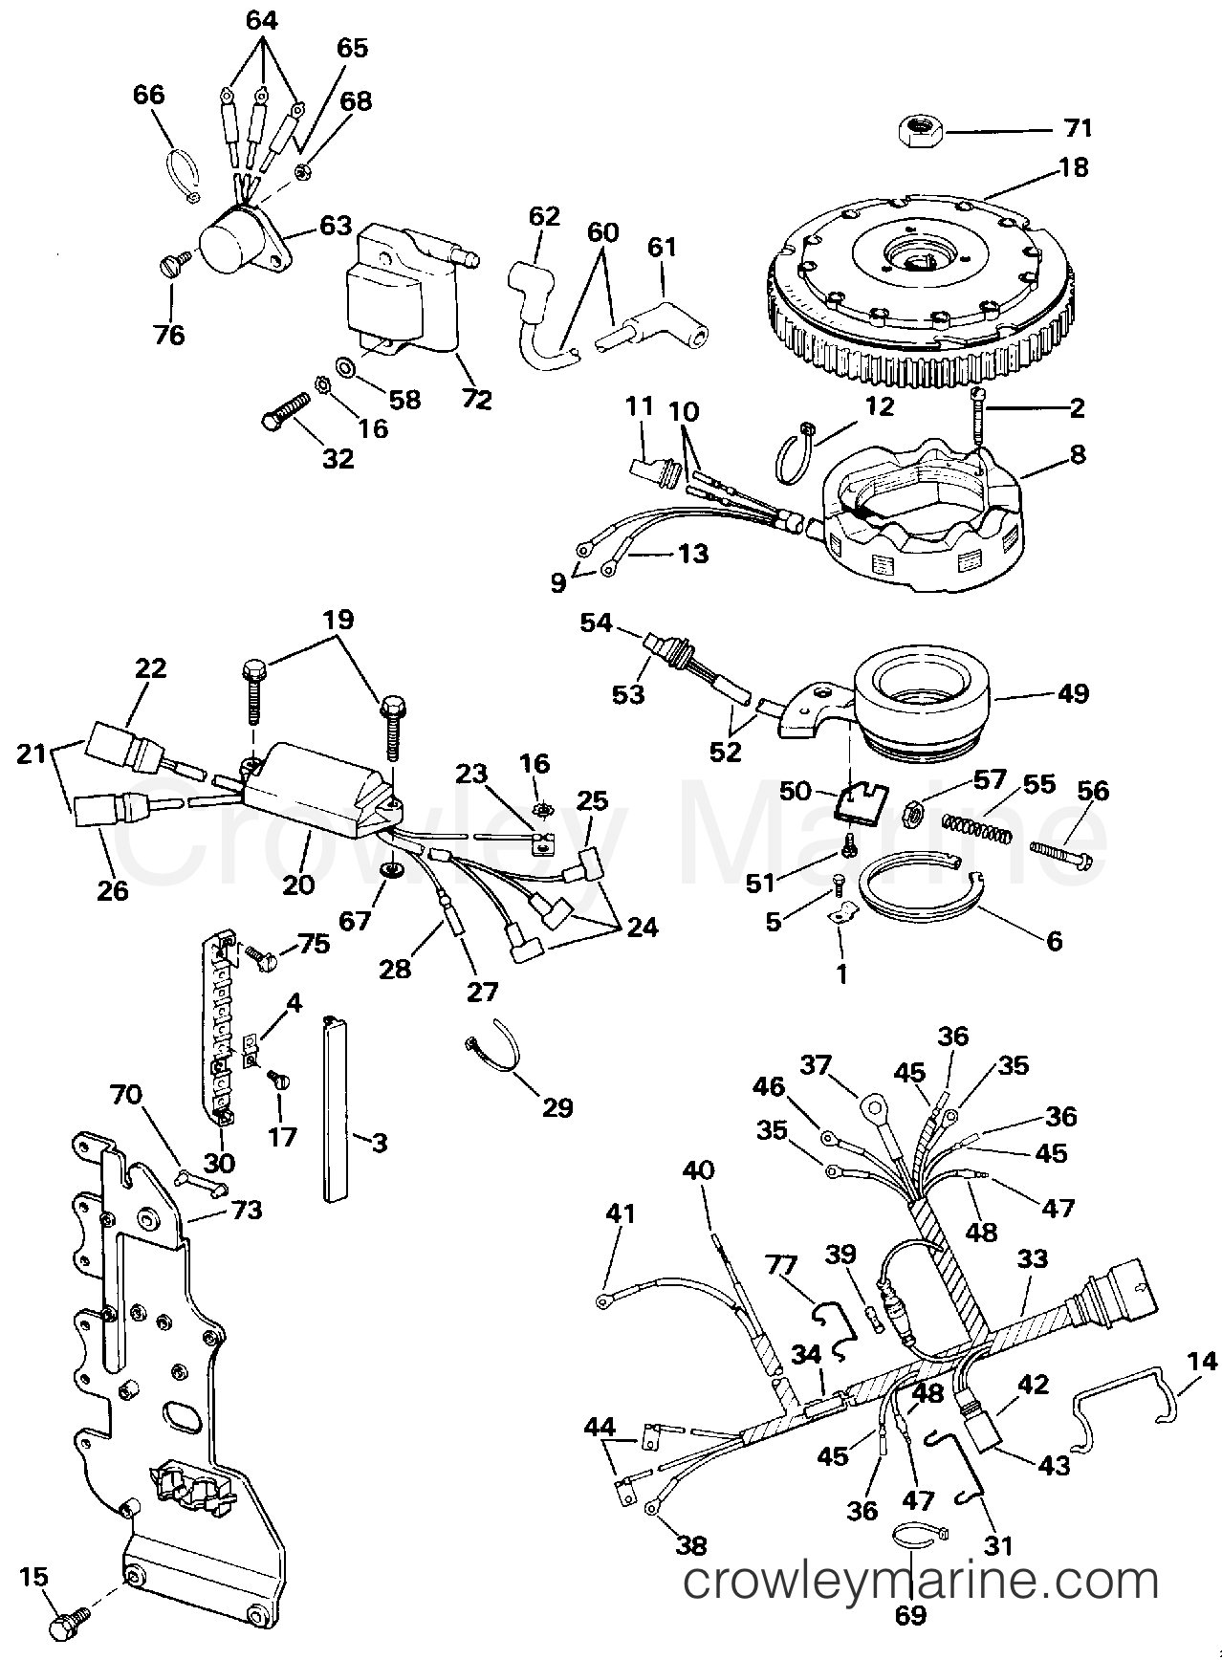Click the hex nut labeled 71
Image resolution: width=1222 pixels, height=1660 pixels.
click(921, 128)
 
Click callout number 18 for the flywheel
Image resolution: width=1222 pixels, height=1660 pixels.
click(1073, 167)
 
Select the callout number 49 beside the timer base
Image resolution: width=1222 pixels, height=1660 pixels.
click(1073, 692)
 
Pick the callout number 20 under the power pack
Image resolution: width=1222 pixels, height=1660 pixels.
click(297, 885)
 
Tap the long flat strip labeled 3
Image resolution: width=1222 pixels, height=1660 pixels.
click(335, 1108)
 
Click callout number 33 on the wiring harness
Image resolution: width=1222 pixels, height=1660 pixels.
click(1032, 1261)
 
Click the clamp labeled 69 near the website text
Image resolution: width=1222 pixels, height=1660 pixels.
click(918, 1536)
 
